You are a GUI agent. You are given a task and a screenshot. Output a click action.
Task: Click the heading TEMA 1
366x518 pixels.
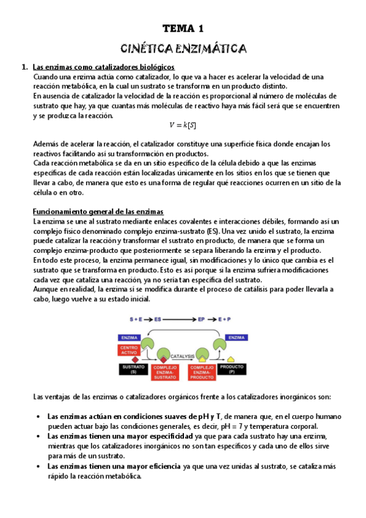pos(183,28)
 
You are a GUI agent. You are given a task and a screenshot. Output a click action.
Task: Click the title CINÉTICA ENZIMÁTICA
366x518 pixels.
pos(183,48)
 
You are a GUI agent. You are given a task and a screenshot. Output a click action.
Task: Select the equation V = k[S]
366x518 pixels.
pos(183,125)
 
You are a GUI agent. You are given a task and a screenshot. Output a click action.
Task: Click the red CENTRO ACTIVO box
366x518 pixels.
pos(130,351)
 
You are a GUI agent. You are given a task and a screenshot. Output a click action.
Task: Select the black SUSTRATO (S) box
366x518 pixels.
pos(130,369)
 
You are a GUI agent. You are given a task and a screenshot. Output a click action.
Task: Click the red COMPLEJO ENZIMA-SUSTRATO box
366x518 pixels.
pos(163,371)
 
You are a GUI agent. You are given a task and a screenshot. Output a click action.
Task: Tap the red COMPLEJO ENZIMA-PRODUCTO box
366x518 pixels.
pos(199,371)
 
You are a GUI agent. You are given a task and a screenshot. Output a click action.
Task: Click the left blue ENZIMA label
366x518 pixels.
pos(129,337)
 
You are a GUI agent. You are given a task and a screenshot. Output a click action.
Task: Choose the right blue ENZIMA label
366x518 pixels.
pos(236,337)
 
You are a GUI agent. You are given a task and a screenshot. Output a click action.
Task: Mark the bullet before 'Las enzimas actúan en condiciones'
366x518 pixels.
pos(39,417)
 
